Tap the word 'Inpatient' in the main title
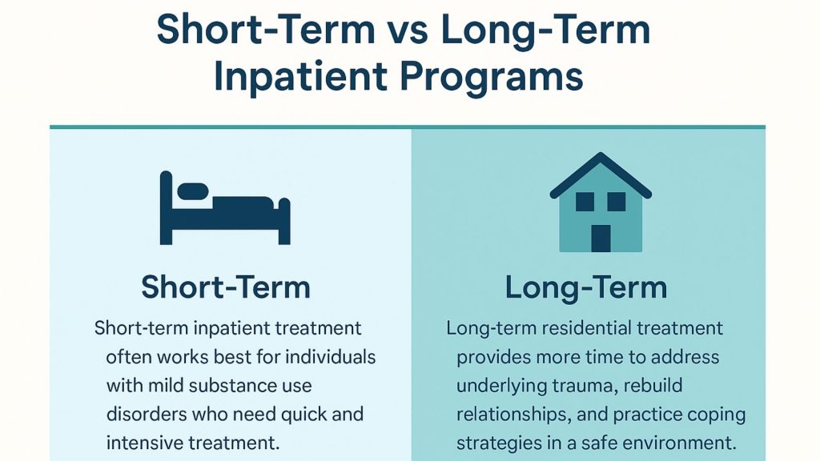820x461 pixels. point(299,78)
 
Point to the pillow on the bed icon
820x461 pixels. point(192,191)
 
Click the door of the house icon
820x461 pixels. point(601,238)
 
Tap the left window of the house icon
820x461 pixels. point(585,202)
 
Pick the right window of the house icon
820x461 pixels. point(616,202)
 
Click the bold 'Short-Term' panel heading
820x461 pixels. point(226,287)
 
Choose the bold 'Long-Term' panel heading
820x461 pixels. point(586,287)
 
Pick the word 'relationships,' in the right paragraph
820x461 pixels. point(509,415)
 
